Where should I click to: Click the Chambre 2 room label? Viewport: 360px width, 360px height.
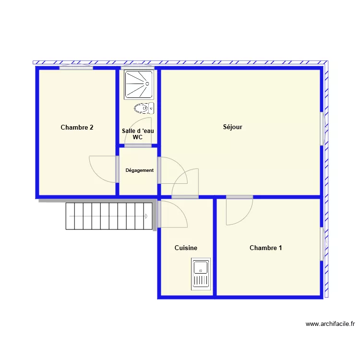coord(77,127)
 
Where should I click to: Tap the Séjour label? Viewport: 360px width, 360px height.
coord(233,127)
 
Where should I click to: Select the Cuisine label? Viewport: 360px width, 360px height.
coord(186,248)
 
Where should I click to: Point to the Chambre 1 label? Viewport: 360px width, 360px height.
coord(265,248)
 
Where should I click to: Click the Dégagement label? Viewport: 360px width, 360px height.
coord(140,170)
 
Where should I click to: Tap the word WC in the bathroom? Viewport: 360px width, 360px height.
coord(138,137)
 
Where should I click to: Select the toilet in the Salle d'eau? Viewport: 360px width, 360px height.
coord(144,108)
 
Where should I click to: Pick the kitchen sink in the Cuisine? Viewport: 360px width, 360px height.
coord(201,274)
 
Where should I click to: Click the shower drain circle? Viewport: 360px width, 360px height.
coord(147,84)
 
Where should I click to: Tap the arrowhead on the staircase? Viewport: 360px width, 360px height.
coord(146,216)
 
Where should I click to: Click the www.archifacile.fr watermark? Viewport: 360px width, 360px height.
coord(330,324)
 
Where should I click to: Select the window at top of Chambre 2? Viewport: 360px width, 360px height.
coord(76,67)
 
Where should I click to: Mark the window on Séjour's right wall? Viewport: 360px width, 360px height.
coord(323,129)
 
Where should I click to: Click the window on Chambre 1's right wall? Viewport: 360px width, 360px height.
coord(323,244)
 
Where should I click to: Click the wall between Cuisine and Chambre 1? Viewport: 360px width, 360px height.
coord(215,248)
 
